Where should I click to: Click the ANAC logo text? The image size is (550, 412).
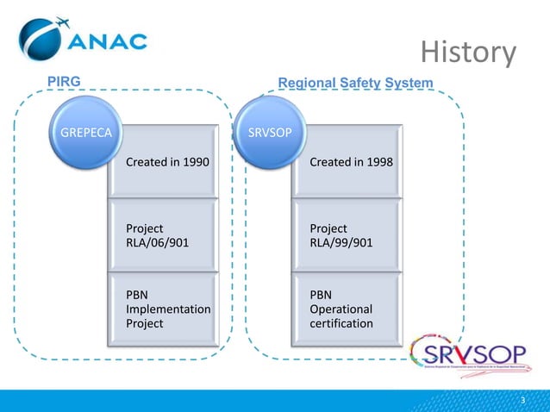(107, 42)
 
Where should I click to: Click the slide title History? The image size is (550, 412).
(468, 53)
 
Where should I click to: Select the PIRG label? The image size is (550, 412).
(63, 81)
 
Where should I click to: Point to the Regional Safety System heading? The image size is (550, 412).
(355, 82)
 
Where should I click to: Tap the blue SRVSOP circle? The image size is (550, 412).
(268, 132)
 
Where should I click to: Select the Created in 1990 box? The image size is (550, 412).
(167, 162)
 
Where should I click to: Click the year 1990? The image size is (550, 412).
(194, 162)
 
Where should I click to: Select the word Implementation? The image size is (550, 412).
(167, 309)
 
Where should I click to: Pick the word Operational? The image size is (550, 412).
(341, 309)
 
